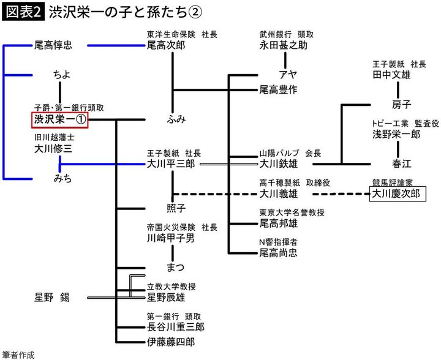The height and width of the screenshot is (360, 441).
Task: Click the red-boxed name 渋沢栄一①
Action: pyautogui.click(x=59, y=119)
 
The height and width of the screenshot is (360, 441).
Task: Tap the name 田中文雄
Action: pyautogui.click(x=391, y=75)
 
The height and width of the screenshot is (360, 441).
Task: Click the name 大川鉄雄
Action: pyautogui.click(x=278, y=163)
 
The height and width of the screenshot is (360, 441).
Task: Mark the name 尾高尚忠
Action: pyautogui.click(x=278, y=252)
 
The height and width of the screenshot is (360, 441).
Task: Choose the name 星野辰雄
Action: pyautogui.click(x=165, y=298)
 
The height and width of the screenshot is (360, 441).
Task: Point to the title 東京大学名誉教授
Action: pyautogui.click(x=292, y=212)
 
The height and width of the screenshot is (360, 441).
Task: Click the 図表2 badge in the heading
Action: pyautogui.click(x=22, y=12)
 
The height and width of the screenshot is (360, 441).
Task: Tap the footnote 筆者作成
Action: pyautogui.click(x=18, y=354)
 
